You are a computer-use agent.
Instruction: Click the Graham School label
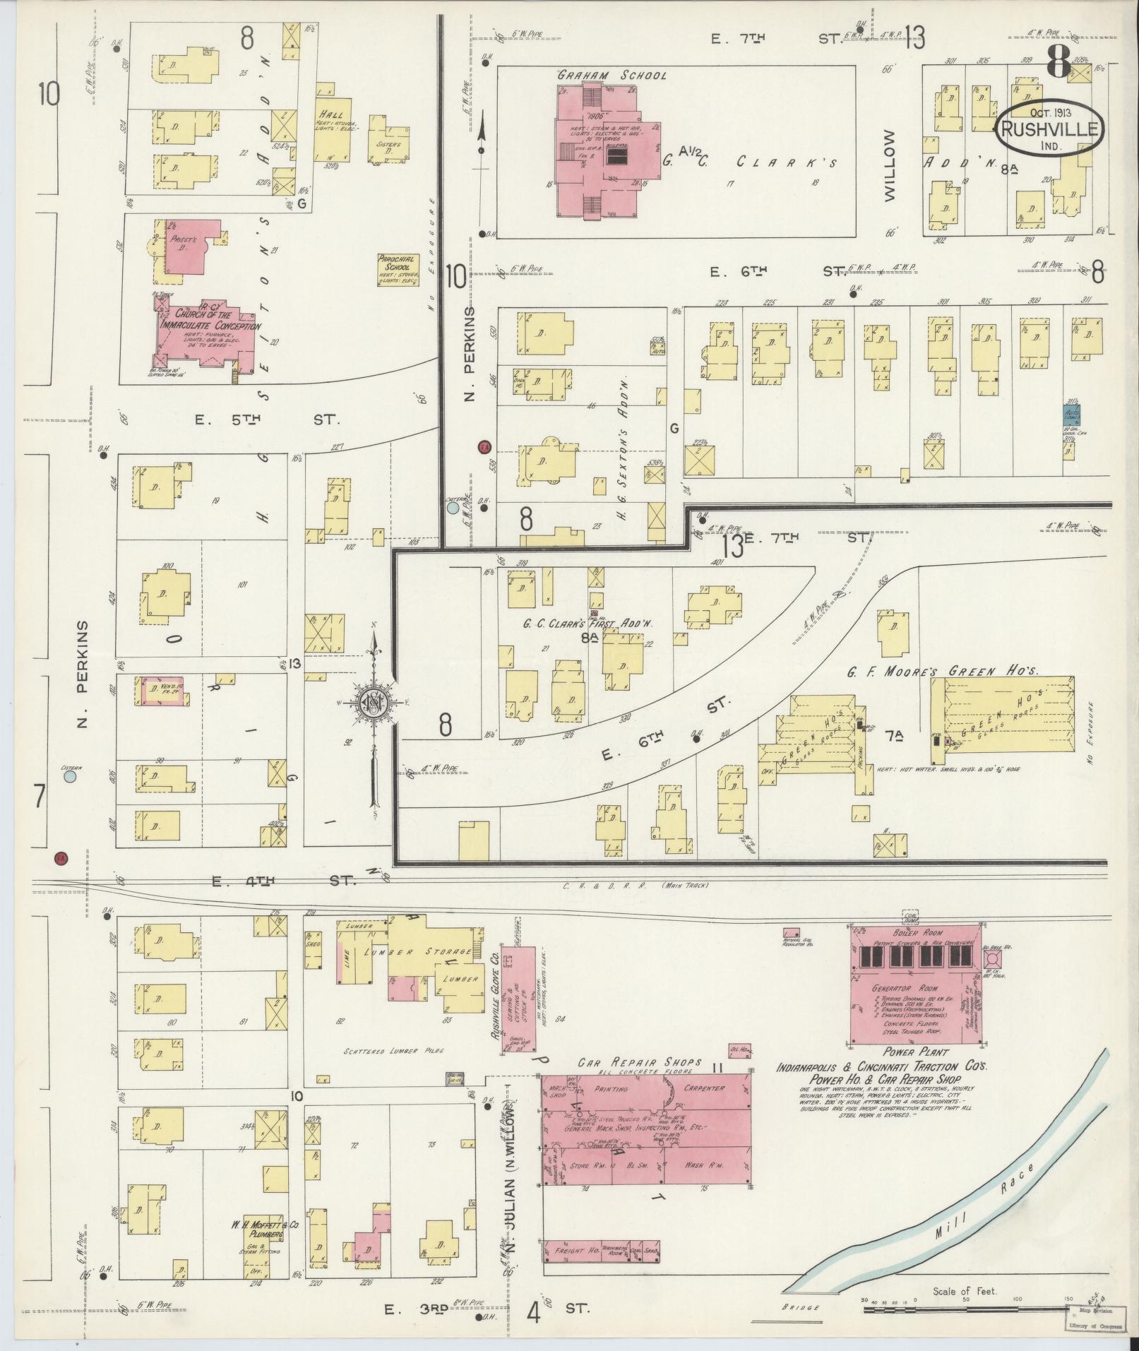pos(612,75)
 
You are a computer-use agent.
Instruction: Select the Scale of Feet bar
pos(964,1309)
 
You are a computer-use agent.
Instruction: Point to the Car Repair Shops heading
pos(640,1081)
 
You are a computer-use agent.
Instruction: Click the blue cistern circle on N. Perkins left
pos(69,777)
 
